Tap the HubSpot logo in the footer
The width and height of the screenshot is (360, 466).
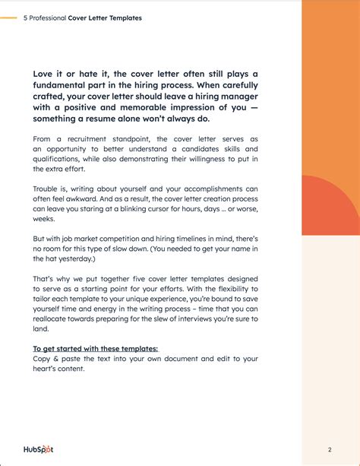click(37, 449)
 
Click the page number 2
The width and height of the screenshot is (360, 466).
click(330, 449)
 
